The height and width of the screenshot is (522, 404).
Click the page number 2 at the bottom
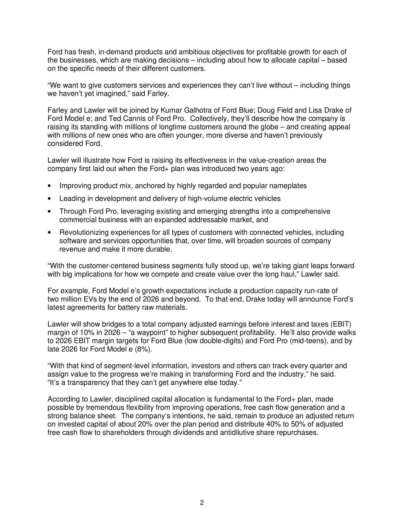click(202, 502)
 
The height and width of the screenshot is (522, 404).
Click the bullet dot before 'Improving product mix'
click(49, 186)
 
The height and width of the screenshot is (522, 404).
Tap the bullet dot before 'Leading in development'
click(49, 199)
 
